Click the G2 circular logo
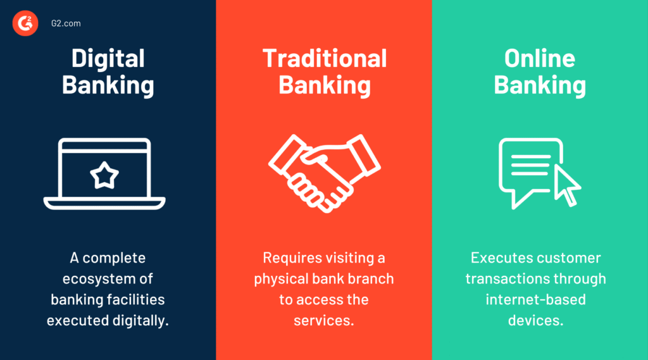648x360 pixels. [x=25, y=23]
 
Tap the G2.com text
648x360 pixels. [x=66, y=23]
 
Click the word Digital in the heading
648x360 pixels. [x=108, y=59]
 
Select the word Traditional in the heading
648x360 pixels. [x=325, y=58]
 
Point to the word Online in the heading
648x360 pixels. [x=540, y=58]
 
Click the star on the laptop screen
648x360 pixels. [x=104, y=175]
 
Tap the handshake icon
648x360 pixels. [x=325, y=173]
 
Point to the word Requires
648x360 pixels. [x=292, y=258]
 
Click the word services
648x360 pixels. [x=323, y=321]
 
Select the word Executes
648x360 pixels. [x=497, y=258]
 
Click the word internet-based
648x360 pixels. [x=535, y=299]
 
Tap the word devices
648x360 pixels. [x=535, y=320]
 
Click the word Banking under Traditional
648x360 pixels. [x=325, y=85]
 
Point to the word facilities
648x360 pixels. [x=136, y=299]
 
